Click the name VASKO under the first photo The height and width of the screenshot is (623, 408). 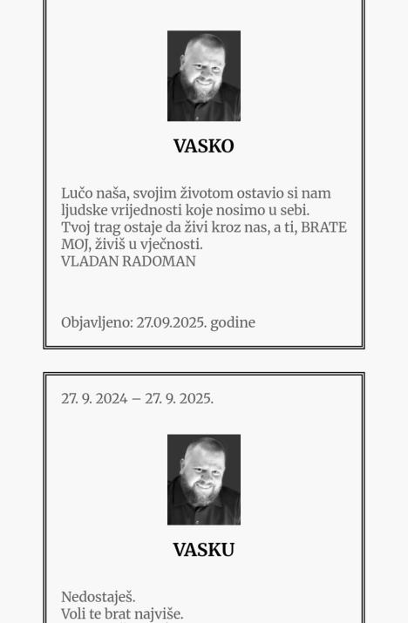click(203, 146)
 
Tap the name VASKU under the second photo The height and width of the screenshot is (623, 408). click(203, 550)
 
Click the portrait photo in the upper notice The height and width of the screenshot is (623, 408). click(203, 76)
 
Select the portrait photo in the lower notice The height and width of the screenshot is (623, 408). click(203, 479)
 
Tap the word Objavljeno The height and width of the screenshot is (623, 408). click(96, 322)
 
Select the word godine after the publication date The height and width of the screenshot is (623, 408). click(233, 322)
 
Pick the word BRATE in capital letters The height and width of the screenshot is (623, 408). click(323, 227)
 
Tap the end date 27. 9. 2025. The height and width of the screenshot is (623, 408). click(179, 399)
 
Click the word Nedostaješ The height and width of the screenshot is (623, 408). click(98, 598)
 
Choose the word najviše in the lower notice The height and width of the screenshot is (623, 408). click(157, 614)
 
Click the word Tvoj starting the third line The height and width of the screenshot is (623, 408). click(78, 227)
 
